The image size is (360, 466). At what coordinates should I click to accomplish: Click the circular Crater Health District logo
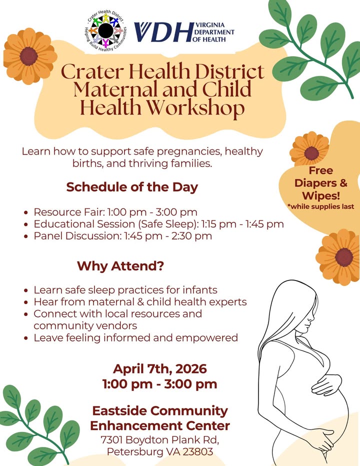tap(106, 30)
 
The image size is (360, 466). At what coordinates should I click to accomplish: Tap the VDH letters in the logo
tap(163, 32)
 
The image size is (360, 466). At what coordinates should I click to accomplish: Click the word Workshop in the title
tap(196, 107)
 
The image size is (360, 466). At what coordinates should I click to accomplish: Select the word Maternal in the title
tap(116, 89)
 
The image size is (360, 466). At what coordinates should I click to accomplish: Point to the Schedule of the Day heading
tap(132, 187)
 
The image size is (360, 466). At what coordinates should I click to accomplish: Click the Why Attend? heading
tap(120, 265)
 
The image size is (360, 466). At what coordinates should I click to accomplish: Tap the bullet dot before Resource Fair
tap(26, 213)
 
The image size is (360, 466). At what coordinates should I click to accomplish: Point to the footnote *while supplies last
tap(321, 206)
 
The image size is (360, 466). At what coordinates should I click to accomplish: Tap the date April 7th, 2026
tap(159, 369)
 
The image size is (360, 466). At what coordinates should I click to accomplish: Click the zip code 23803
tap(197, 451)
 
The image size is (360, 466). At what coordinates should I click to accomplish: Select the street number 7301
tap(111, 439)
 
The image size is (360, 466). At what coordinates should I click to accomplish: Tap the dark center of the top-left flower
tap(29, 56)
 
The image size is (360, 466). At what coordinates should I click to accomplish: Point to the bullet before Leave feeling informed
tap(26, 338)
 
